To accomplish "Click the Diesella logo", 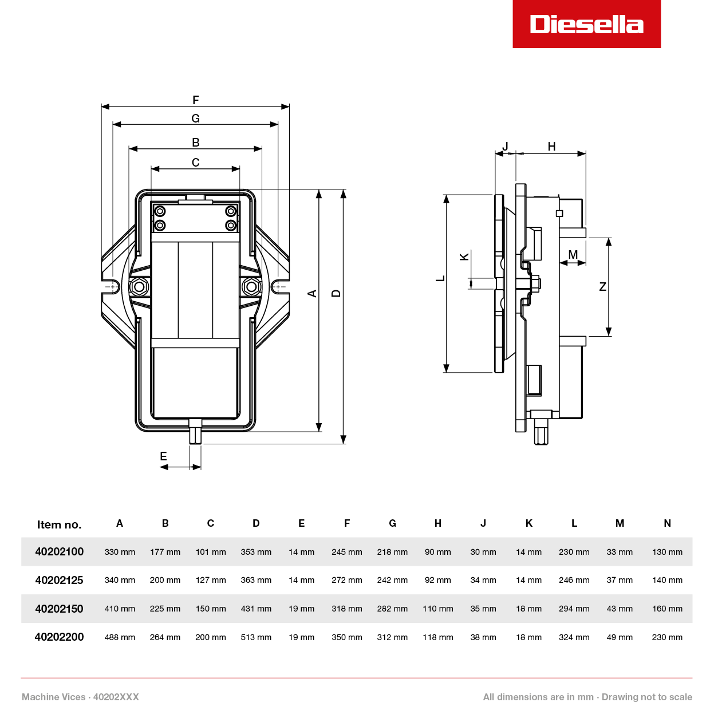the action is point(586,24).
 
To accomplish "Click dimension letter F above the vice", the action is point(196,100).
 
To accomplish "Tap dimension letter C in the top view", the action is point(196,162).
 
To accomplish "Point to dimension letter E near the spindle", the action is point(163,456).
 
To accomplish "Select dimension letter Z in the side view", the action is point(603,287).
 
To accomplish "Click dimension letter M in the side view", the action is point(573,255).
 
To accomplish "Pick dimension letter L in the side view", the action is point(440,278).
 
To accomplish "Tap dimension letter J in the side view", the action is point(505,147).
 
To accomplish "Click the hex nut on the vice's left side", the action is point(139,286).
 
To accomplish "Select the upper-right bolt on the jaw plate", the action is point(231,211).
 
